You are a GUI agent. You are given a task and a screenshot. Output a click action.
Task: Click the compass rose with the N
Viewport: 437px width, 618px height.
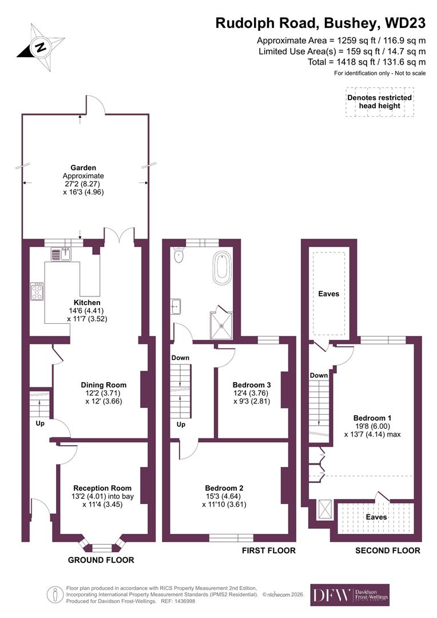39,47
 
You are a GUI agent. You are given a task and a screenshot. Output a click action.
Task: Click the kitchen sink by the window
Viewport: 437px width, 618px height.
60,253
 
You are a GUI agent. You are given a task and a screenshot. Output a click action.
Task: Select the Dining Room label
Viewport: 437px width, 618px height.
104,385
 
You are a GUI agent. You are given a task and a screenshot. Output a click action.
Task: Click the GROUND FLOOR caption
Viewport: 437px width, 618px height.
101,560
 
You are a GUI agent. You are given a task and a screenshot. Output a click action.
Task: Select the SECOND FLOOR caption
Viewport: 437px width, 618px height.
387,550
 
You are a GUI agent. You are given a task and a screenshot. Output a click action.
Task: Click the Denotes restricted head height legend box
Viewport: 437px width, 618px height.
379,102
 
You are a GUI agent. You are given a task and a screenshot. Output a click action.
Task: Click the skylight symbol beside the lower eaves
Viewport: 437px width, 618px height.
324,508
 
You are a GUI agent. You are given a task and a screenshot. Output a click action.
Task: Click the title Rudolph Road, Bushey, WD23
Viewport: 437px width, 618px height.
320,23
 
